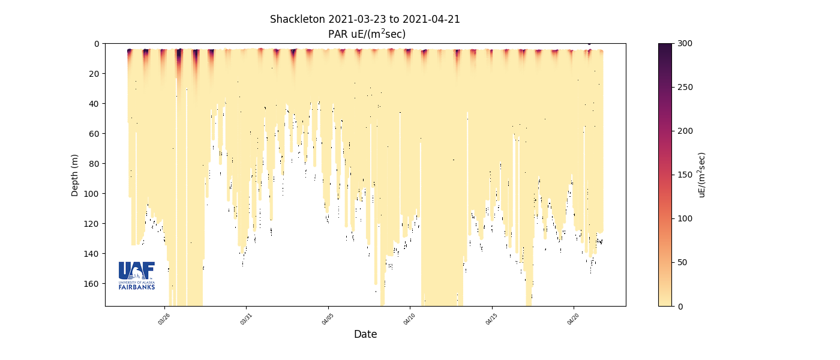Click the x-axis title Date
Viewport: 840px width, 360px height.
[365, 335]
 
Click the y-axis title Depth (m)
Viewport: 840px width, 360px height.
[75, 175]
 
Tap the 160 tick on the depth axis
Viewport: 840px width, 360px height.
[92, 283]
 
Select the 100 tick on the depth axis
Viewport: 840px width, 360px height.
[92, 193]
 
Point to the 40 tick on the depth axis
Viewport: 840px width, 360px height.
[95, 103]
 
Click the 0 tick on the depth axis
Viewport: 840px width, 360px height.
[97, 44]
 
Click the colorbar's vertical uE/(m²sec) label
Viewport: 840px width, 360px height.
[702, 175]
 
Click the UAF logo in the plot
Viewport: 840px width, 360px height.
[137, 275]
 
